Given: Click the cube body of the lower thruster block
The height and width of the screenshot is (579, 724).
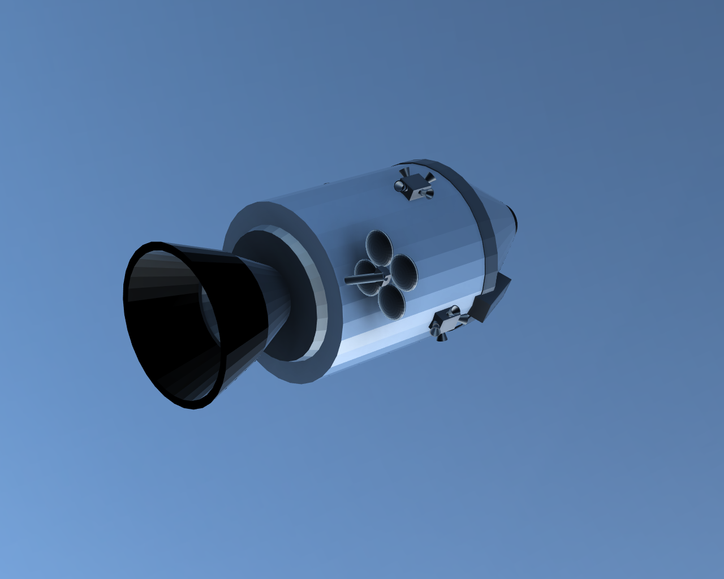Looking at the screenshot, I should click(447, 323).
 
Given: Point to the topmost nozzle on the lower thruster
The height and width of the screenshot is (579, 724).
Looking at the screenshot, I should click(454, 310).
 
